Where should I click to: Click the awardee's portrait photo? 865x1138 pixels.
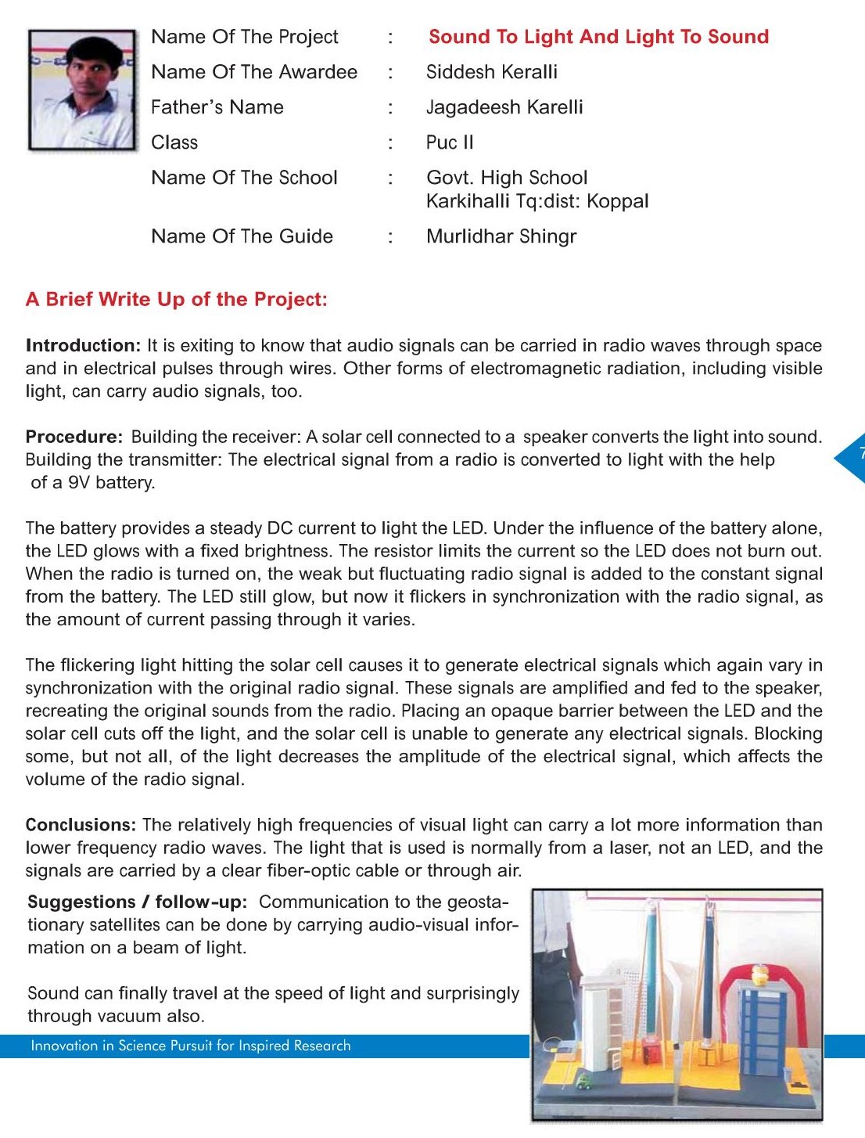(82, 90)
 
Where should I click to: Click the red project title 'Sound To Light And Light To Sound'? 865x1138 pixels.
(598, 37)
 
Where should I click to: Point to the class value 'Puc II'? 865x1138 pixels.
(450, 142)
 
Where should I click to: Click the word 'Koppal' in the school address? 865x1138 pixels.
(618, 201)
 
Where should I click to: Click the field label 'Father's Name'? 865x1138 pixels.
(217, 107)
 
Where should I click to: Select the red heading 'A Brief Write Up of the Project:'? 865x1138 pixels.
(177, 299)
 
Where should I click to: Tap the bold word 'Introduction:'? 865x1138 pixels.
(83, 346)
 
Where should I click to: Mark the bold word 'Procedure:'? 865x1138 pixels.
(74, 437)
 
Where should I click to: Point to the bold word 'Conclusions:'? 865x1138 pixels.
(81, 825)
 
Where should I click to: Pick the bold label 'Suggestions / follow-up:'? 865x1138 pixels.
(137, 902)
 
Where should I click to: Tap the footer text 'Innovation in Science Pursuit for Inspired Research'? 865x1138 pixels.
(191, 1046)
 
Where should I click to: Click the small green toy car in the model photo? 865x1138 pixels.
(583, 1082)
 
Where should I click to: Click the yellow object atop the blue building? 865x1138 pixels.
(759, 975)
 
